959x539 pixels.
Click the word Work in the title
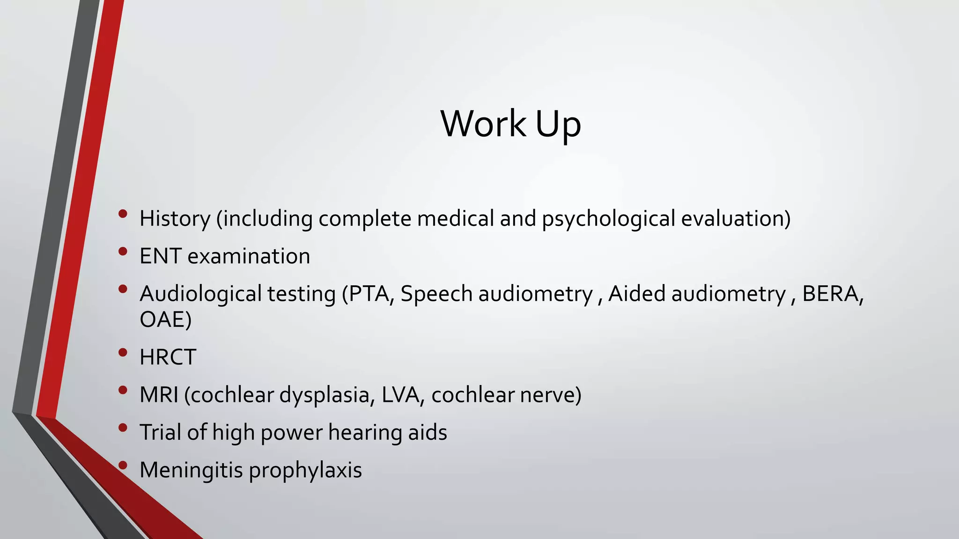pyautogui.click(x=483, y=124)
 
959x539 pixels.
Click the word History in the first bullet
pyautogui.click(x=175, y=219)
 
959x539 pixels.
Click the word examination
pyautogui.click(x=249, y=256)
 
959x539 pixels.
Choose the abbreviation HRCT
pyautogui.click(x=168, y=357)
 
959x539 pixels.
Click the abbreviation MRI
pyautogui.click(x=159, y=395)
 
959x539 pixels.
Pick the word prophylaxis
pyautogui.click(x=305, y=470)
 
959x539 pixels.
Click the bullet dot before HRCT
pyautogui.click(x=123, y=352)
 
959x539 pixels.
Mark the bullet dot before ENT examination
pyautogui.click(x=123, y=251)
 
